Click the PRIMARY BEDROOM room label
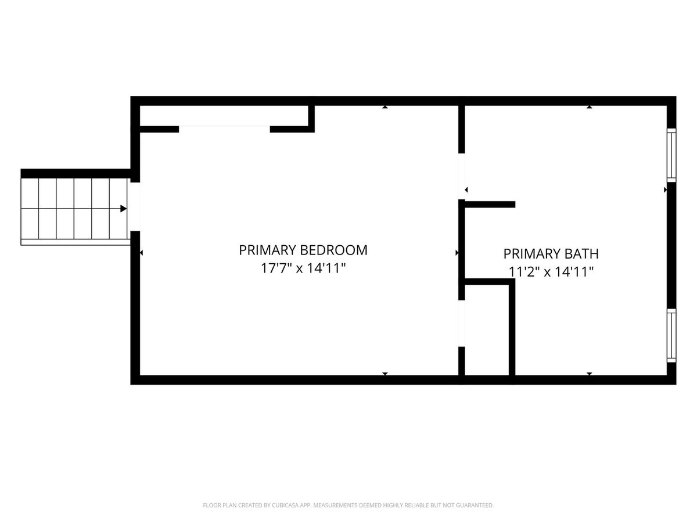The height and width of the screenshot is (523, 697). [303, 250]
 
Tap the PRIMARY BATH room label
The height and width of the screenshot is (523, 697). [551, 254]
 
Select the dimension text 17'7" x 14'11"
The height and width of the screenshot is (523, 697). [303, 268]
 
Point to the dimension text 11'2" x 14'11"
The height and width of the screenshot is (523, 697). [551, 272]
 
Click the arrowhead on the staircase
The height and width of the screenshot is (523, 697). [123, 209]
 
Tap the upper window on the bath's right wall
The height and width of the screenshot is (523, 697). [671, 155]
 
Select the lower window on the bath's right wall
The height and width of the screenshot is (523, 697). [671, 336]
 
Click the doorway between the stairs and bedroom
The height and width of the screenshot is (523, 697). [135, 207]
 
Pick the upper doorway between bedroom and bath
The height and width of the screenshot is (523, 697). [462, 176]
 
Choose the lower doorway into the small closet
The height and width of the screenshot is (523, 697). [462, 323]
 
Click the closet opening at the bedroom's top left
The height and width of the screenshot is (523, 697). [225, 129]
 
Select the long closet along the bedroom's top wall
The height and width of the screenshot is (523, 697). [224, 116]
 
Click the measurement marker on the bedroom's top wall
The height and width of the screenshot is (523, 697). [385, 107]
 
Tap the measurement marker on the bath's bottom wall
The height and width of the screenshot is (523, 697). [590, 374]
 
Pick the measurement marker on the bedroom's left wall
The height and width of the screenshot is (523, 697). [141, 253]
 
